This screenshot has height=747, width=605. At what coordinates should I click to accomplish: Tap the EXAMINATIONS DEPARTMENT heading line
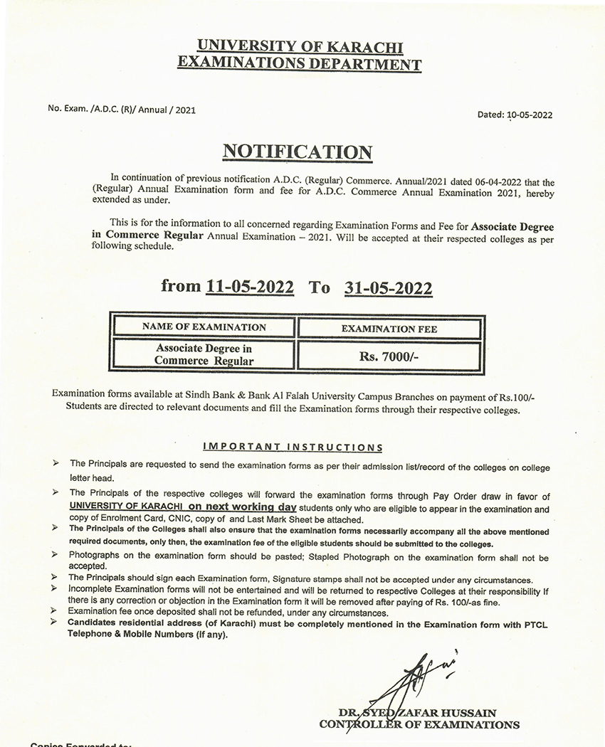tap(299, 64)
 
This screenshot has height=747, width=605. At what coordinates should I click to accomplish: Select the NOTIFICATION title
tap(298, 152)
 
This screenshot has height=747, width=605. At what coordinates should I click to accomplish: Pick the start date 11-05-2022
tap(249, 287)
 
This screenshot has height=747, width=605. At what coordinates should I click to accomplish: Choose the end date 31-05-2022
tap(388, 287)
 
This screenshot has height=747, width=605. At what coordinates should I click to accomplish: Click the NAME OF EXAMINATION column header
tap(204, 327)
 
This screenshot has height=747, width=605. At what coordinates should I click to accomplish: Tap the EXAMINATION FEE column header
tap(389, 329)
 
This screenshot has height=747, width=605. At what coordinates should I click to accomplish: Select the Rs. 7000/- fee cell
tap(389, 355)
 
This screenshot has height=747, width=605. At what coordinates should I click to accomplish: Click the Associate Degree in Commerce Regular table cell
tap(204, 354)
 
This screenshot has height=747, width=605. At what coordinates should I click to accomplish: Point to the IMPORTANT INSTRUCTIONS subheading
tap(293, 447)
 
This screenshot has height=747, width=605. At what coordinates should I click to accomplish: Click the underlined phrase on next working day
tap(242, 507)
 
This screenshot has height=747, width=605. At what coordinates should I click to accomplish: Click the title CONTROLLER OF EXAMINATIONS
tap(419, 725)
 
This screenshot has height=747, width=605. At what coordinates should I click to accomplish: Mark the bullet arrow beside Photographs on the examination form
tap(56, 553)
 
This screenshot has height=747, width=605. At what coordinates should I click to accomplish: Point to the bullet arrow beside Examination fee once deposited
tap(56, 611)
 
